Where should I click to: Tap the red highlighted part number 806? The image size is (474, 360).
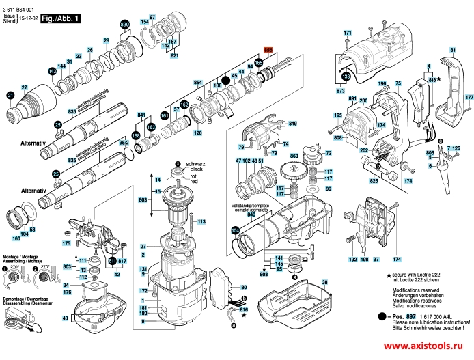tap(268, 51)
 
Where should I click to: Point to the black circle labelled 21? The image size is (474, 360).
tap(10, 95)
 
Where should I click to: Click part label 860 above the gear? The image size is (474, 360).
tap(295, 157)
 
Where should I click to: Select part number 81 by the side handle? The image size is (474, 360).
tap(453, 50)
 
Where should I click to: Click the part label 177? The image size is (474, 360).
tap(469, 98)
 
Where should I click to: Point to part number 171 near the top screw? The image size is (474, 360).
tap(347, 33)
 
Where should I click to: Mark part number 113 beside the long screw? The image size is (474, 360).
tap(201, 222)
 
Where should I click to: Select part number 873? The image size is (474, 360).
tap(340, 91)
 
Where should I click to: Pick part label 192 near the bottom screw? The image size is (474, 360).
tap(352, 260)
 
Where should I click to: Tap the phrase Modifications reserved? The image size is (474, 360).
tap(414, 290)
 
